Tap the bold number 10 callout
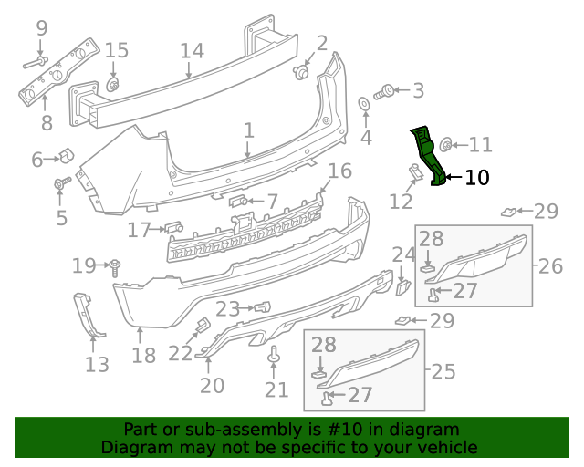(x=476, y=177)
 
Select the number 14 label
(x=191, y=50)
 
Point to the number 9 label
(x=41, y=28)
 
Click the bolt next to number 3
(x=386, y=91)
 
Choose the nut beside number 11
(x=446, y=143)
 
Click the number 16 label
(x=339, y=171)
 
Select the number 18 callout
(x=143, y=355)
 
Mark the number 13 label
(x=97, y=365)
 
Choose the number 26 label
(x=550, y=266)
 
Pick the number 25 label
(x=443, y=371)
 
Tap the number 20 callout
(x=212, y=386)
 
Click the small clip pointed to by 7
(x=236, y=200)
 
